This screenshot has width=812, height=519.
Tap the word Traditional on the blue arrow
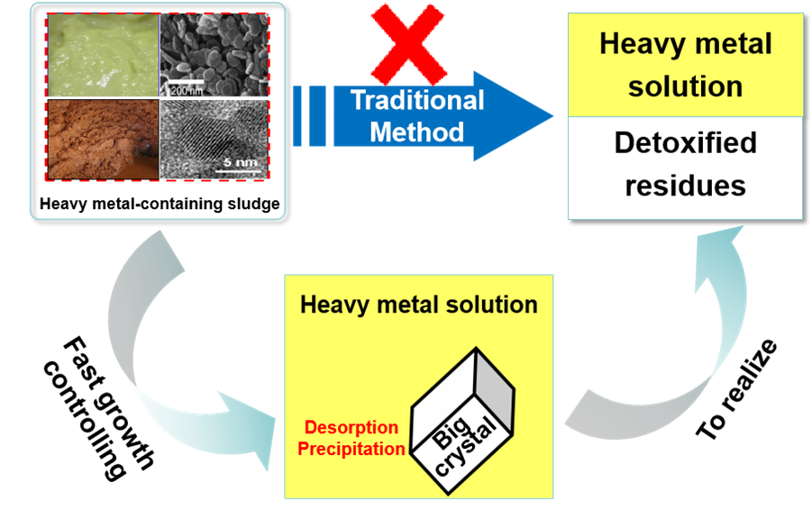coord(416,100)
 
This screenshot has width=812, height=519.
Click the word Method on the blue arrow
coord(416,132)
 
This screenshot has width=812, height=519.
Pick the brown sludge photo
coord(102,138)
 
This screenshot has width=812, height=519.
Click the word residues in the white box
coord(685,185)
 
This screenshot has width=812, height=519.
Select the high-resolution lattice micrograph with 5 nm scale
coord(213,138)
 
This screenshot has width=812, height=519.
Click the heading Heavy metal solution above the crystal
coord(419,305)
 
